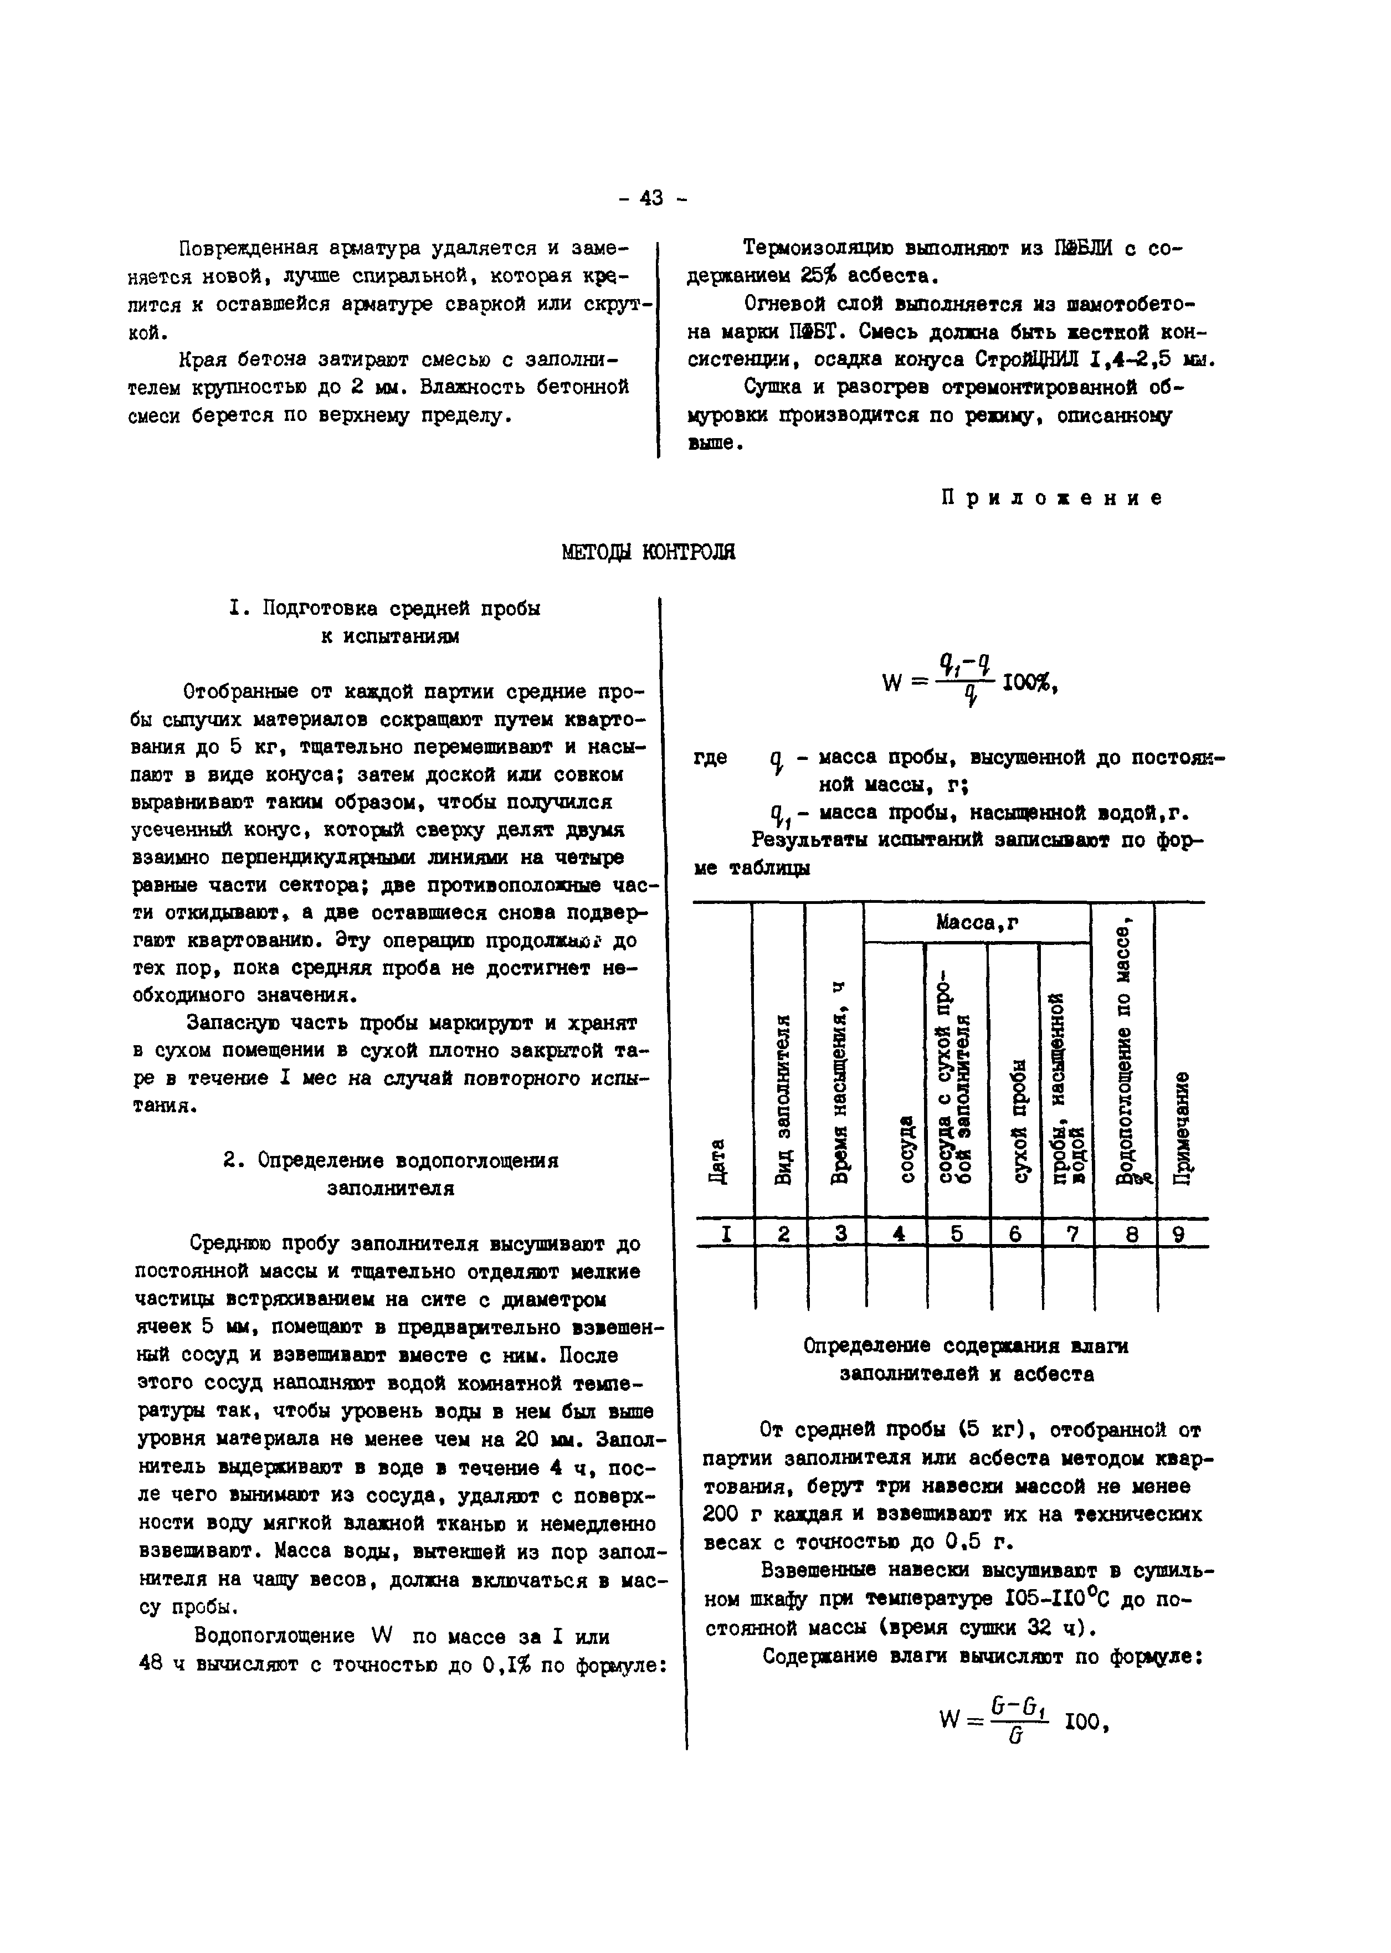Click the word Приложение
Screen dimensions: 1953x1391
(1053, 498)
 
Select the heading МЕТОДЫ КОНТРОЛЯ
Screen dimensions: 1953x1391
(648, 552)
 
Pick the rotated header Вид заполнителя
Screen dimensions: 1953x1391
(781, 1100)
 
